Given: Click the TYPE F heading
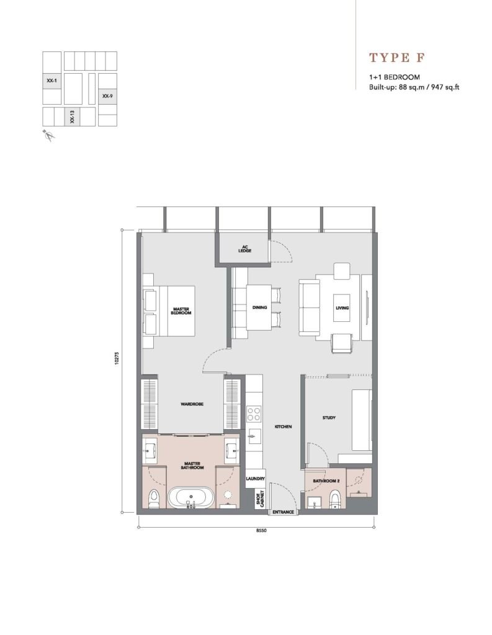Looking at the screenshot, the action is click(x=396, y=58).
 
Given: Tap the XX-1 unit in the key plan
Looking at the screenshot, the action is click(x=52, y=81).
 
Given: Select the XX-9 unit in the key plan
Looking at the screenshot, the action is click(x=107, y=96).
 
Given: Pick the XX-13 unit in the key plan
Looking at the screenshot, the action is click(x=72, y=117).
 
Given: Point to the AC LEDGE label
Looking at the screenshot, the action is click(x=245, y=249).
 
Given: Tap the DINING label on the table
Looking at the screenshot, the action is click(x=259, y=308).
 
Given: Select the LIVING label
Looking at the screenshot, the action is click(x=342, y=308).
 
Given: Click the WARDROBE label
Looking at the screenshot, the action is click(x=192, y=404).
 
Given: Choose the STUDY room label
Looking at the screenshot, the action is click(x=329, y=417).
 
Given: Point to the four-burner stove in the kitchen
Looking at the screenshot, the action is click(x=254, y=414).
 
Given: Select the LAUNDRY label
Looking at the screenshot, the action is click(x=256, y=479).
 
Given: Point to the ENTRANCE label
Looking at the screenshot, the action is click(x=283, y=512).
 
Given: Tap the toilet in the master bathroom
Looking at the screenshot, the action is click(x=154, y=499).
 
